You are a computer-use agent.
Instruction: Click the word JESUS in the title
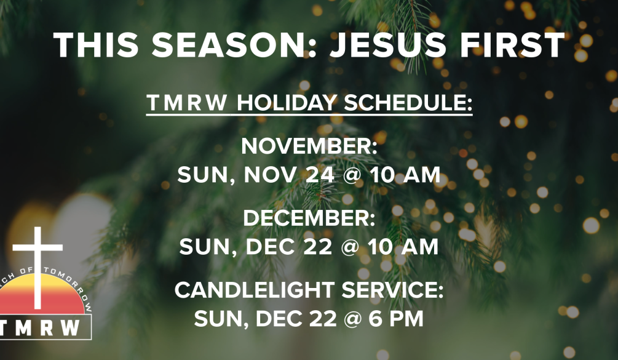coord(388,45)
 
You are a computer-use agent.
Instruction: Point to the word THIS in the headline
coord(96,45)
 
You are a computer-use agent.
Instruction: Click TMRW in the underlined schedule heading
coord(187,103)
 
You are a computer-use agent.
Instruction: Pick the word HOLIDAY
coord(287,103)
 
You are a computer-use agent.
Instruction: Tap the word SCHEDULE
coord(408,103)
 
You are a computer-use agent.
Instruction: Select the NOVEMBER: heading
coord(309,146)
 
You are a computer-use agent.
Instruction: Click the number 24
coord(320,175)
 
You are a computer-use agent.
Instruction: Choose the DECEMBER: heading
coord(309,218)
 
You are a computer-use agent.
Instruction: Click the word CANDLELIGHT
coord(255,290)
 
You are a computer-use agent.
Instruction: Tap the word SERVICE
coord(392,290)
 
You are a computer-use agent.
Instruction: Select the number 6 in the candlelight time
coord(376,319)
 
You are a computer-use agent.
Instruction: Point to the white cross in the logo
coord(38,268)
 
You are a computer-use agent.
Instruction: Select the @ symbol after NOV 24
coord(352,175)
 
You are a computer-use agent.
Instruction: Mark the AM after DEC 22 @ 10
coord(421,246)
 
